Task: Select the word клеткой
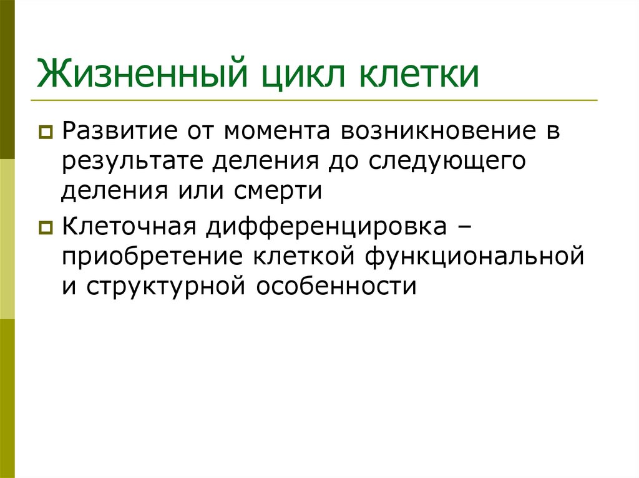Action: (x=300, y=257)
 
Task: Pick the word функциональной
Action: (x=476, y=257)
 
